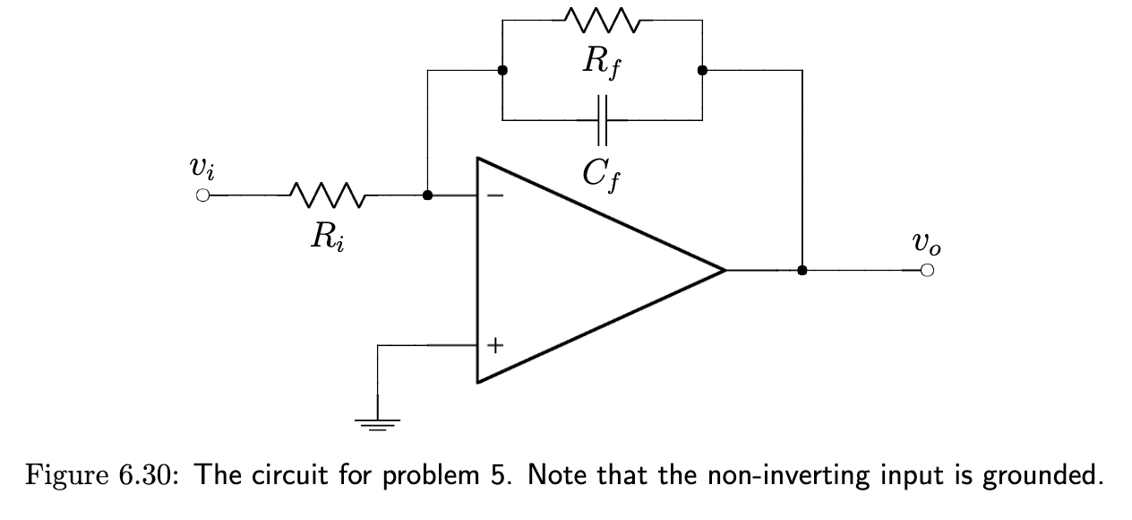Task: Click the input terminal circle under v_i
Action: click(203, 195)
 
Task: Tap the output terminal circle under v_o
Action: click(927, 270)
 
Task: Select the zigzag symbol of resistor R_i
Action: click(326, 195)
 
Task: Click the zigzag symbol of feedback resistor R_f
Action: click(602, 19)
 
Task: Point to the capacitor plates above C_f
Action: click(602, 119)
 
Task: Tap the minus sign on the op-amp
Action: click(495, 195)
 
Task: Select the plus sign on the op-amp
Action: click(495, 344)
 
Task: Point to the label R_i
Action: click(326, 236)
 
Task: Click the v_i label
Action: click(202, 168)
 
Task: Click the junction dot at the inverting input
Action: click(428, 195)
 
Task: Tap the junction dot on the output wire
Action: click(802, 270)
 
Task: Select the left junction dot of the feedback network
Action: click(502, 70)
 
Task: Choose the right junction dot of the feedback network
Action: click(702, 70)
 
